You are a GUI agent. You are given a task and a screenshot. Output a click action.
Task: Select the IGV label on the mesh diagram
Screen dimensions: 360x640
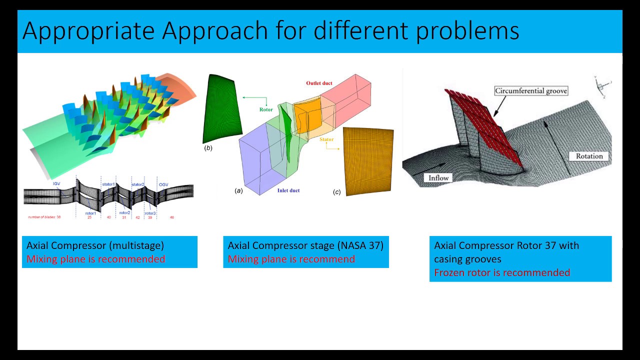coord(57,184)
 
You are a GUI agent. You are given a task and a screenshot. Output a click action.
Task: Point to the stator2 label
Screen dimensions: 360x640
coord(137,184)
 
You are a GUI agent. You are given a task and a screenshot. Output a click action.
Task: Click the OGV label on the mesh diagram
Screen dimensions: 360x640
coord(163,184)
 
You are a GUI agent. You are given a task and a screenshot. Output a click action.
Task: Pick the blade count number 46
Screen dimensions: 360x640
coord(172,218)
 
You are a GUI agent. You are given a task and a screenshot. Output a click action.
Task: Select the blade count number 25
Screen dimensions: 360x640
coord(89,218)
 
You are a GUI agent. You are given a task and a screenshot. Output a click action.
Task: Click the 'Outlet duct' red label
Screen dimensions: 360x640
coord(319,83)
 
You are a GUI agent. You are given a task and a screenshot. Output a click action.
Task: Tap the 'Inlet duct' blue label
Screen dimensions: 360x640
coord(288,190)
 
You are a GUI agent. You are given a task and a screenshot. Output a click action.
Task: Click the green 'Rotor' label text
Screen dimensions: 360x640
coord(266,109)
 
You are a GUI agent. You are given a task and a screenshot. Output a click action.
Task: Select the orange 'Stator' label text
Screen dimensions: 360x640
coord(326,139)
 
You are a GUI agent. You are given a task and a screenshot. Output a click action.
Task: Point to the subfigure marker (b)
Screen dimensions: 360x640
coord(208,148)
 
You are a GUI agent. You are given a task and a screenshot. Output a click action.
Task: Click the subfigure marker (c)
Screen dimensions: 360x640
coord(336,192)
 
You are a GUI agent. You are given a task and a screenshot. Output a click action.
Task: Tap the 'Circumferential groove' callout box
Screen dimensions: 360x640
coord(531,91)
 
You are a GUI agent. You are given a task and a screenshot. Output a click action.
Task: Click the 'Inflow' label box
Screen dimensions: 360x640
coord(438,177)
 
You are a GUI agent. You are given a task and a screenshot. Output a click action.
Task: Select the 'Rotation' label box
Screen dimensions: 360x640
coord(589,156)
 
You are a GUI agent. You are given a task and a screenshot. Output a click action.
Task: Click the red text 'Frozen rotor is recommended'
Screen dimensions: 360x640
coord(502,272)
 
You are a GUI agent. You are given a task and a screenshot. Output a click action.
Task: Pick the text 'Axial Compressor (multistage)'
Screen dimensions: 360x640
coord(95,245)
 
